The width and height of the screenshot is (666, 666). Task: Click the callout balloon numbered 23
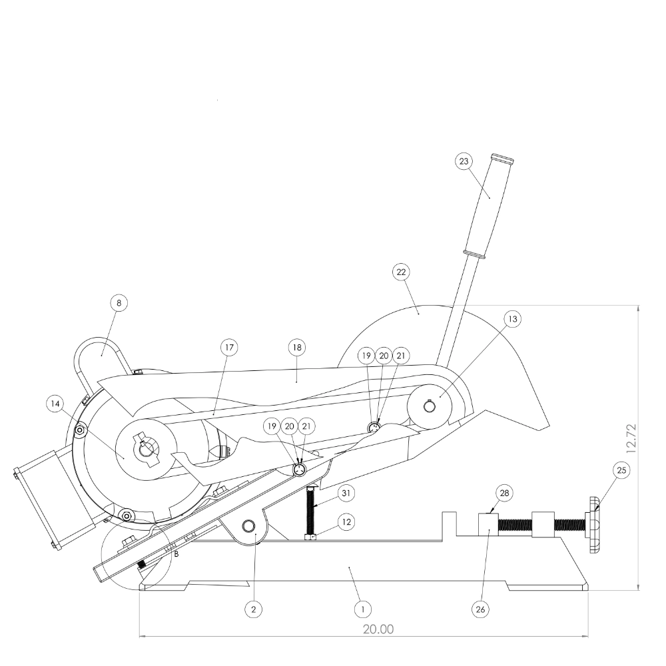[464, 161]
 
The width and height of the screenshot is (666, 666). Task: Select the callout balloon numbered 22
[402, 272]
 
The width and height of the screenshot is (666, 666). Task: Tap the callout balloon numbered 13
[513, 318]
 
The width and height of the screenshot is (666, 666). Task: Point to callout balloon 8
[119, 303]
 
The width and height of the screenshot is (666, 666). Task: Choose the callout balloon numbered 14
[55, 404]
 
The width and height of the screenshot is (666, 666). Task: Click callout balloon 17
[229, 348]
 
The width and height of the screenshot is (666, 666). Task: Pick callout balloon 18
[297, 348]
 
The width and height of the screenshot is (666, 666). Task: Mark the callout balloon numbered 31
[346, 493]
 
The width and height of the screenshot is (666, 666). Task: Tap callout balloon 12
[346, 521]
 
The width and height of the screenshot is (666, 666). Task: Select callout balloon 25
[621, 470]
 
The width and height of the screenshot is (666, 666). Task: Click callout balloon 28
[505, 493]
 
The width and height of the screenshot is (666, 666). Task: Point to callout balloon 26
[480, 609]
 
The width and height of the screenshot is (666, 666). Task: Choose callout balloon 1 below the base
[363, 609]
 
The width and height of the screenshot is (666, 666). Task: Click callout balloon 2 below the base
[254, 609]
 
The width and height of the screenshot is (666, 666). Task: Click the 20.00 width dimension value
[378, 629]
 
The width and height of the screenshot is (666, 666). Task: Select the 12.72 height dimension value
[631, 438]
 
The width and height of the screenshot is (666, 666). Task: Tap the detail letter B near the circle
[176, 554]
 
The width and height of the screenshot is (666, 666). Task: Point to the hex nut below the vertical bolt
[310, 537]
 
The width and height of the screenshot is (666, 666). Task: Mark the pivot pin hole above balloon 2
[248, 527]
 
